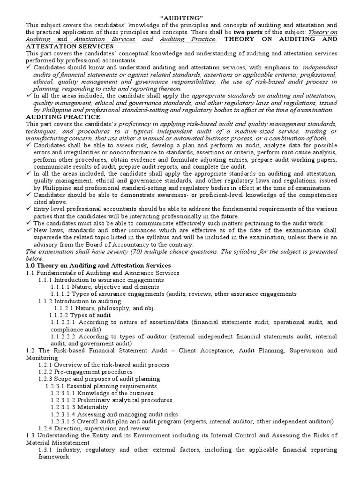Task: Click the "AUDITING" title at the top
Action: (180, 18)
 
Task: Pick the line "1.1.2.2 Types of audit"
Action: (80, 315)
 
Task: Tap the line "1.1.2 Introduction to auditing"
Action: (80, 301)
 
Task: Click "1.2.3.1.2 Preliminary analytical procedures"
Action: (112, 400)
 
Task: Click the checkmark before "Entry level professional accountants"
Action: (29, 209)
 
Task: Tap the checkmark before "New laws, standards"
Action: (29, 230)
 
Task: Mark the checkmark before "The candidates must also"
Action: (29, 223)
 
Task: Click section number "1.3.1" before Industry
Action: (46, 450)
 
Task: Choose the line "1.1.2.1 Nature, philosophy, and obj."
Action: (104, 308)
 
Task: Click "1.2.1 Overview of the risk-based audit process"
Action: (104, 365)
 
